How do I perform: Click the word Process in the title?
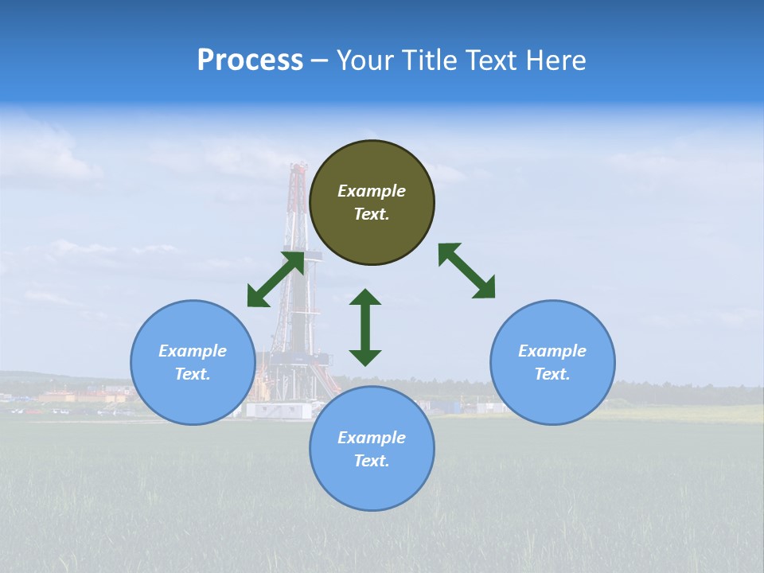pyautogui.click(x=250, y=60)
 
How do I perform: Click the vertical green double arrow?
pyautogui.click(x=365, y=328)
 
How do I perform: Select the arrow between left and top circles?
pyautogui.click(x=275, y=279)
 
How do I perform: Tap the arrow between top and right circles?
pyautogui.click(x=467, y=271)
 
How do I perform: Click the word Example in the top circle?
pyautogui.click(x=372, y=191)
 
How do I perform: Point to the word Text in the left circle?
pyautogui.click(x=193, y=374)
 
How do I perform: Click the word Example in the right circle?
pyautogui.click(x=552, y=351)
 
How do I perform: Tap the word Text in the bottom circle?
pyautogui.click(x=372, y=461)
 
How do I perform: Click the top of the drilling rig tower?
pyautogui.click(x=298, y=168)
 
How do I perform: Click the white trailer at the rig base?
pyautogui.click(x=278, y=410)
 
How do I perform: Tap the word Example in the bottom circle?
pyautogui.click(x=372, y=438)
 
